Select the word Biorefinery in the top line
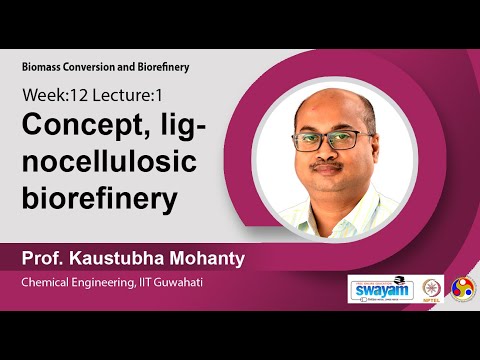point(161,66)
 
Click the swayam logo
point(379,288)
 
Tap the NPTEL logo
point(432,289)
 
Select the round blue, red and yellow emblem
point(463,288)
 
